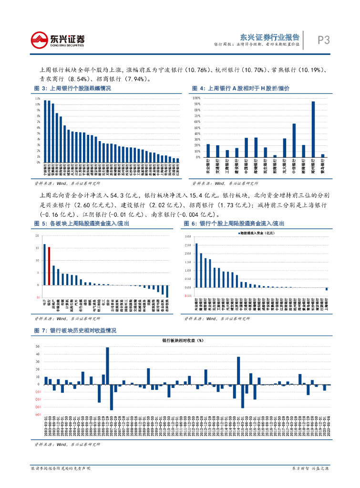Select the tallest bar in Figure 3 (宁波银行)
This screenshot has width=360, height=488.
tap(45, 131)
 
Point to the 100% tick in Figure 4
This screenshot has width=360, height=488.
tap(195, 97)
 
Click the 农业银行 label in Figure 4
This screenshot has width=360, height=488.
tap(208, 168)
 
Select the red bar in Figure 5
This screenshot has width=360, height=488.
tap(49, 265)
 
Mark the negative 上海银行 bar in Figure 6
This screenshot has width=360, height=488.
tap(327, 289)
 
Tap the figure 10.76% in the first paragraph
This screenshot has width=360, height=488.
tap(195, 70)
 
